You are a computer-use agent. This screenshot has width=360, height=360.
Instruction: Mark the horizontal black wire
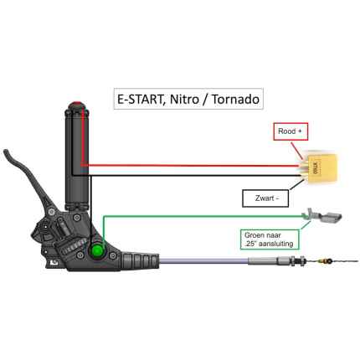click(193, 176)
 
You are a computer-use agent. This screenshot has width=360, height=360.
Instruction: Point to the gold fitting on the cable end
click(327, 265)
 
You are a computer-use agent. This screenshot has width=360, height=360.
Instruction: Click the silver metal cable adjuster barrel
click(276, 265)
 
